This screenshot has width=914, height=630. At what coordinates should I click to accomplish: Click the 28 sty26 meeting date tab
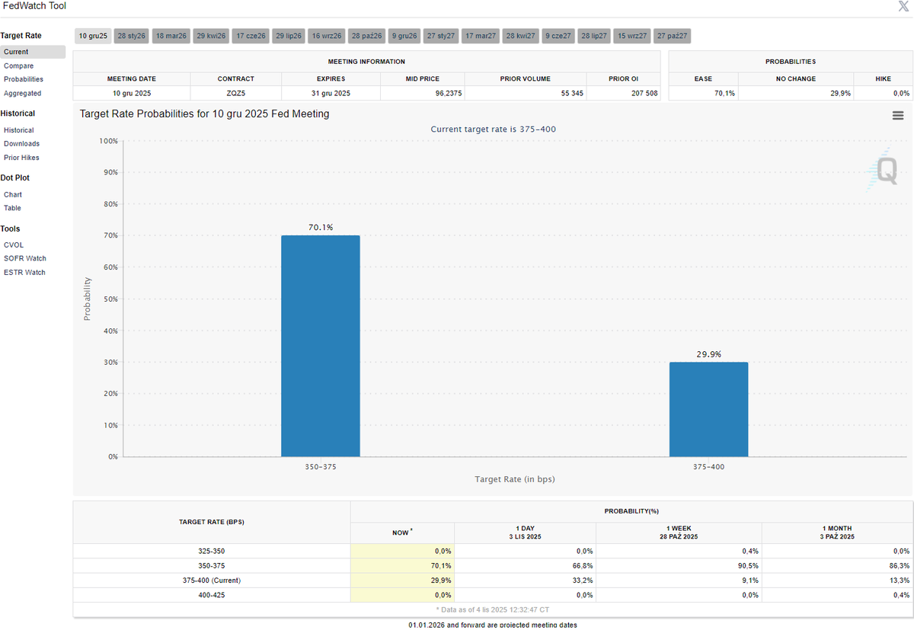pyautogui.click(x=131, y=36)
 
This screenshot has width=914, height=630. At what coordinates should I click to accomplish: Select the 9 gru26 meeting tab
pyautogui.click(x=404, y=36)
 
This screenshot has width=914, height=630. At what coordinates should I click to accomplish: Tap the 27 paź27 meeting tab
pyautogui.click(x=672, y=36)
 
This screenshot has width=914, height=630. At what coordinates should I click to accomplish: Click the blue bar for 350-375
pyautogui.click(x=321, y=346)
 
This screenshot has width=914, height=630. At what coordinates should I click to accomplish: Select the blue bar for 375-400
pyautogui.click(x=709, y=409)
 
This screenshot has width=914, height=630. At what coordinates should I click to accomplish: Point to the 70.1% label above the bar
pyautogui.click(x=321, y=227)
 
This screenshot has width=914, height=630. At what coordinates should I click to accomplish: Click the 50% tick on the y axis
pyautogui.click(x=110, y=299)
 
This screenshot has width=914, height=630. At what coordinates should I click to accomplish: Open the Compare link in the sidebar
pyautogui.click(x=19, y=66)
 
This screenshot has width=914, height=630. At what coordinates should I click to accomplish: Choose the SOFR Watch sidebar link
pyautogui.click(x=25, y=258)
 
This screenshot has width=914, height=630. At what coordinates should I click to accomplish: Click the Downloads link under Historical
pyautogui.click(x=21, y=144)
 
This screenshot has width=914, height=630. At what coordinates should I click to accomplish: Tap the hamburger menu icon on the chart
pyautogui.click(x=898, y=116)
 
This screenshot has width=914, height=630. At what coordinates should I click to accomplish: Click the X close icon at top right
pyautogui.click(x=903, y=6)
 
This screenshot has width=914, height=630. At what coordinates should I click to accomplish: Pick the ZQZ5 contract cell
pyautogui.click(x=236, y=94)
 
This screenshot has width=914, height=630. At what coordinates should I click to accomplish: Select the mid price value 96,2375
pyautogui.click(x=449, y=94)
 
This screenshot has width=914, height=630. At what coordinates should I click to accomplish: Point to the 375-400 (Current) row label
pyautogui.click(x=212, y=580)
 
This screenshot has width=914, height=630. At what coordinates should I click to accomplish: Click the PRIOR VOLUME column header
pyautogui.click(x=525, y=78)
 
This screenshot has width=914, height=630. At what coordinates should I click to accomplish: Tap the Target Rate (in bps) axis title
pyautogui.click(x=515, y=479)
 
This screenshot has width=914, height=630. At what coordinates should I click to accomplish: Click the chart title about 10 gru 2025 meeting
pyautogui.click(x=204, y=114)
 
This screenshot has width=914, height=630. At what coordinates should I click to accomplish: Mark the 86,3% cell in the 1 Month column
pyautogui.click(x=900, y=565)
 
